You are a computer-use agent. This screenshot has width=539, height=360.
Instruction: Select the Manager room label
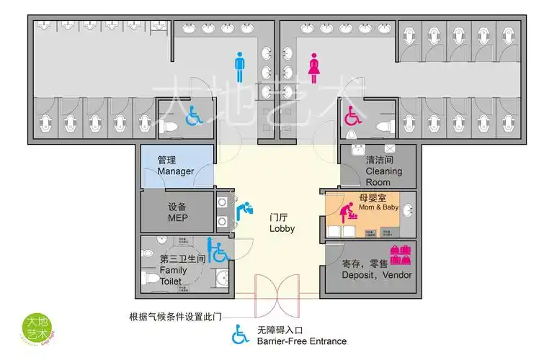tap(175, 166)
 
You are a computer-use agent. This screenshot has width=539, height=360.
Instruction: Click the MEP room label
tap(177, 212)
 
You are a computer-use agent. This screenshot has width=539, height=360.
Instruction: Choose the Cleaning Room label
tap(383, 171)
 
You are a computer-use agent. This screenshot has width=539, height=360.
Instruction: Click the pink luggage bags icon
tap(400, 254)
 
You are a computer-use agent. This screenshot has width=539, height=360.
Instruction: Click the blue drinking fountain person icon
tap(245, 210)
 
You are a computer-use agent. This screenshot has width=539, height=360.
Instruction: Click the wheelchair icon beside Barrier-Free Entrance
tap(239, 335)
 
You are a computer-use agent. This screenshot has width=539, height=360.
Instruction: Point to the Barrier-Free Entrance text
tap(301, 341)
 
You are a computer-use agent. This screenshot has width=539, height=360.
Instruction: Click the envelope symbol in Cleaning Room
tap(400, 149)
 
